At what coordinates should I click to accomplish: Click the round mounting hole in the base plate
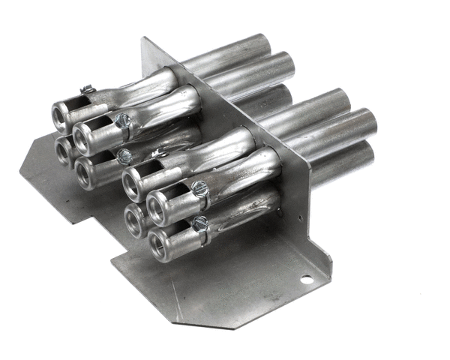[305, 280]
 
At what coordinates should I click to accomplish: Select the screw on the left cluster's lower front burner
[124, 157]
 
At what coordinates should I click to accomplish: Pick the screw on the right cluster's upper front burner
[199, 188]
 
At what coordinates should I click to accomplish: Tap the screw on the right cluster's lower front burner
[200, 223]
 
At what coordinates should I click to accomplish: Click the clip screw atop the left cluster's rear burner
[87, 91]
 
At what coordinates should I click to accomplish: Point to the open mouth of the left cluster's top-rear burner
[60, 116]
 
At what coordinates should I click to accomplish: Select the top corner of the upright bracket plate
[142, 38]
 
